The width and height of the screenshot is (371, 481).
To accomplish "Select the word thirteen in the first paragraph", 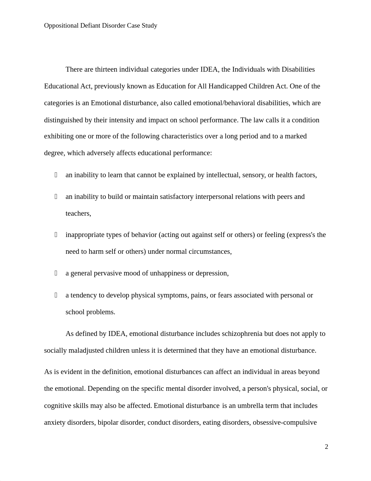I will (106, 69).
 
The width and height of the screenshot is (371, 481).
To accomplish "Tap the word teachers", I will (78, 213).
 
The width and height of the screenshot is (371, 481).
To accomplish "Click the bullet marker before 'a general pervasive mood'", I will (56, 273).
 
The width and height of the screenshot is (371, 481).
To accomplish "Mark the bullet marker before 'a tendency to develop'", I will (56, 295).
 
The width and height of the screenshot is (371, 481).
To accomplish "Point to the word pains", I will (198, 295).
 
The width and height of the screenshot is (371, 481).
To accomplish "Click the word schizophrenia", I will (242, 333).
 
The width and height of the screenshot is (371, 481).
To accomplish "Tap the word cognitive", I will (57, 405).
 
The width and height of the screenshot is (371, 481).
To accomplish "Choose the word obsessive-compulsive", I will (285, 422).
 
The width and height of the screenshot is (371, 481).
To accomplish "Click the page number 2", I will (326, 447).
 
